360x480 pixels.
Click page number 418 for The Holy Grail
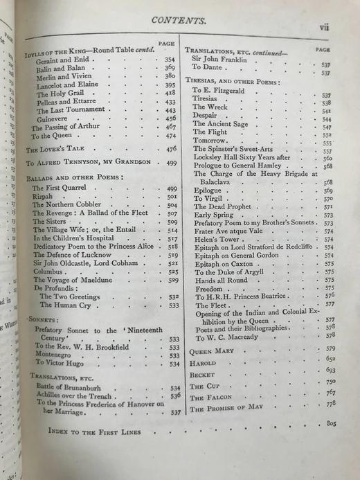(170, 93)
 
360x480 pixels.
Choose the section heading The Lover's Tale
(53, 149)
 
